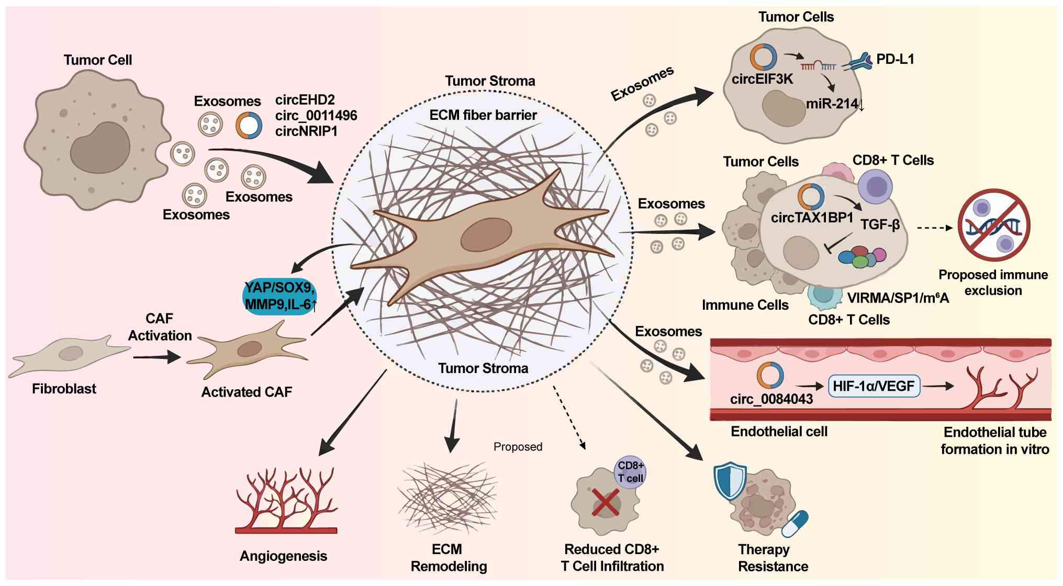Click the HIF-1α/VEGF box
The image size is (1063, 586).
[x=874, y=386]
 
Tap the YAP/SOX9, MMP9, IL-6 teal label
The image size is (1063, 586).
[x=280, y=296]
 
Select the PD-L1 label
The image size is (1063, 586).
[x=895, y=59]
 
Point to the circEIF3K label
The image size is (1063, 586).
[x=762, y=79]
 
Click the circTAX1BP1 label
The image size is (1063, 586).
[x=812, y=218]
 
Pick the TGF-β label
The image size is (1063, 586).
[x=880, y=225]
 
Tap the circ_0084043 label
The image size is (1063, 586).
[x=771, y=399]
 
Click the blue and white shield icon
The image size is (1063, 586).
[x=731, y=481]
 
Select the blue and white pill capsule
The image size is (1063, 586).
[x=795, y=524]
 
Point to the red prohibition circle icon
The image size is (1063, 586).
[x=993, y=225]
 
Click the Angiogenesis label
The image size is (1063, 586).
[x=283, y=556]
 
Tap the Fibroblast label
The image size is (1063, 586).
[x=64, y=389]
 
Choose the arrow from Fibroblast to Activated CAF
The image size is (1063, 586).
[x=157, y=358]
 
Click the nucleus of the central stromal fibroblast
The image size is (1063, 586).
[x=486, y=235]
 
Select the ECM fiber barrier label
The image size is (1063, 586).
[x=483, y=115]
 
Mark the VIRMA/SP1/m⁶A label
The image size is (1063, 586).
[x=898, y=298]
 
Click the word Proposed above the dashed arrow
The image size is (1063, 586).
[x=518, y=447]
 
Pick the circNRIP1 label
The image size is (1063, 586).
[x=306, y=131]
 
